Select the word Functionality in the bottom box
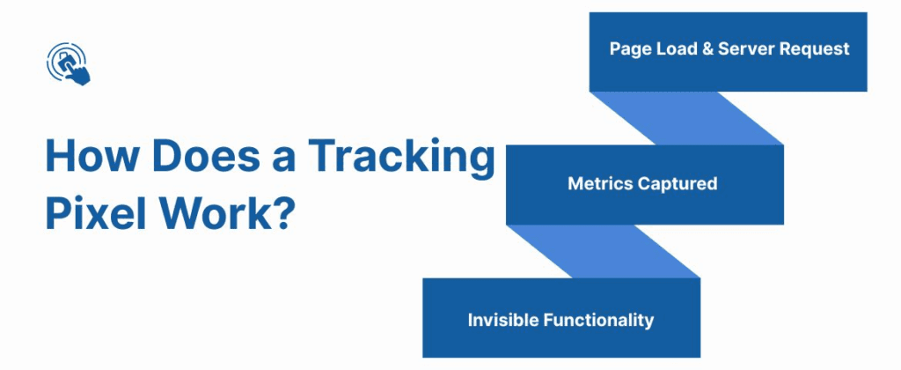597,320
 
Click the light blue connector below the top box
686,118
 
